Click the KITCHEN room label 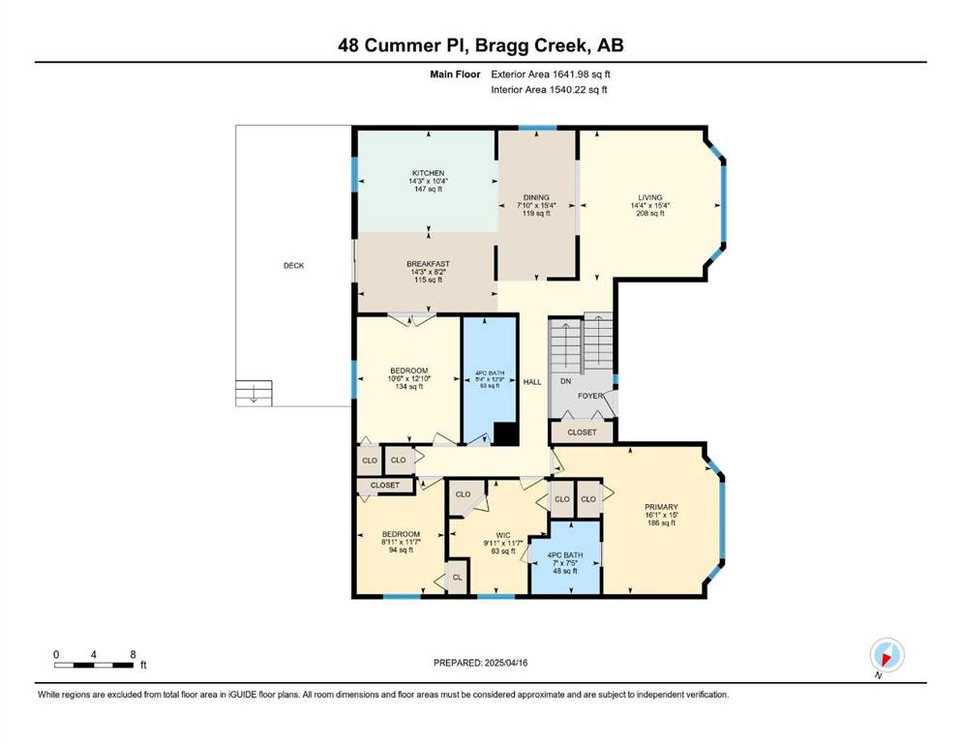click(428, 173)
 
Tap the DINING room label click(536, 197)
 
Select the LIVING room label click(650, 197)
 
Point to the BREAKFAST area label click(428, 264)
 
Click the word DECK click(293, 265)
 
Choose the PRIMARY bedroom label click(661, 507)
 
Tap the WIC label click(503, 535)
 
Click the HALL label click(532, 381)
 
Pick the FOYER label click(590, 397)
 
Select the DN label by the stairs click(566, 381)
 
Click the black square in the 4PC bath click(506, 434)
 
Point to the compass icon click(886, 655)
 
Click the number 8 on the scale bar click(133, 654)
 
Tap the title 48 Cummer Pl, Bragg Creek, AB click(480, 45)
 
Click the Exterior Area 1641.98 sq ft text click(551, 74)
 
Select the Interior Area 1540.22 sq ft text click(549, 89)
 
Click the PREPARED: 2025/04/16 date click(480, 663)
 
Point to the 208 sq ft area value click(650, 213)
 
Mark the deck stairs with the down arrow click(254, 393)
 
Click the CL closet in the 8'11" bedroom click(457, 577)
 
